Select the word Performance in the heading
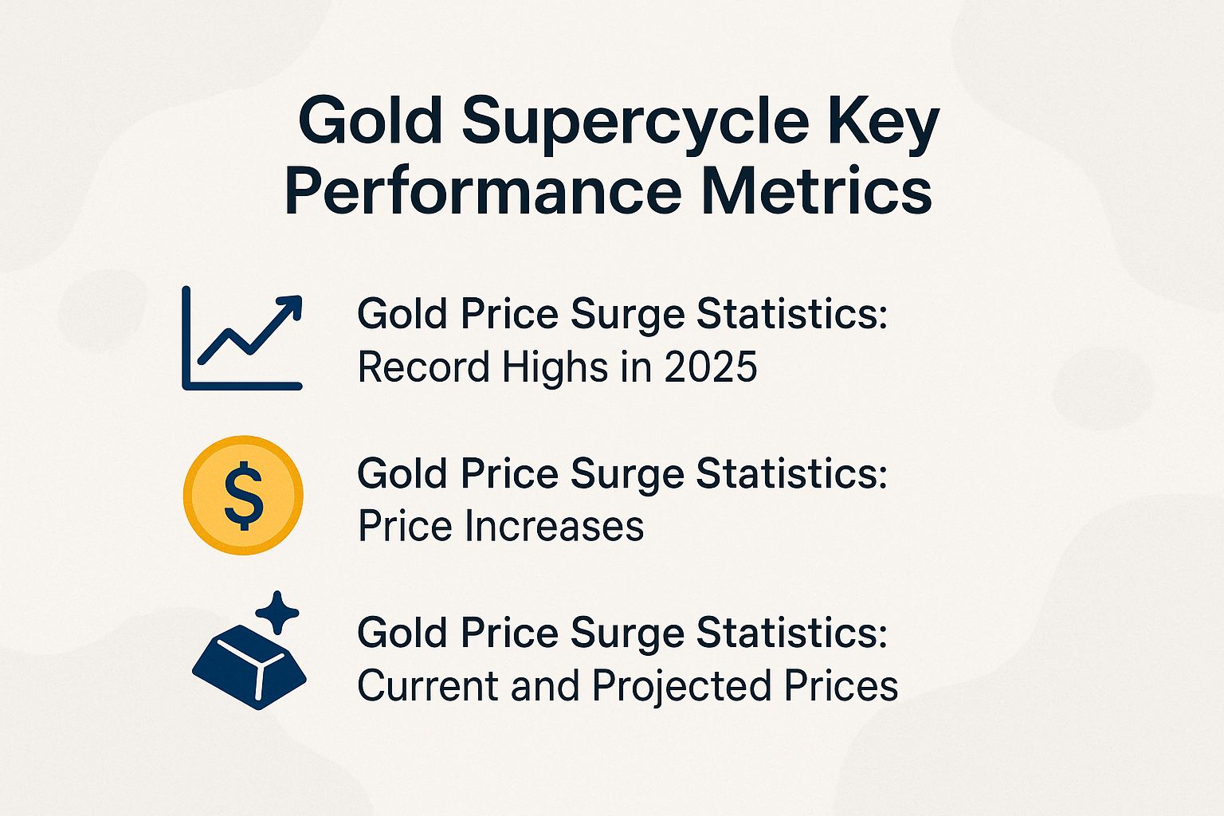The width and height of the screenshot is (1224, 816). coord(482,191)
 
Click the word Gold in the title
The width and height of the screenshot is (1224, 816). coord(370,121)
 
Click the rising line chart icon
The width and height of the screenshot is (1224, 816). coord(242,339)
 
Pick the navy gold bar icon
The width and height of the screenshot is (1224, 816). coord(249,665)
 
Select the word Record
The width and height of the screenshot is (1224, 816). coord(423,367)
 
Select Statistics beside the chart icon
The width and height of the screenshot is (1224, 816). coord(792,315)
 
